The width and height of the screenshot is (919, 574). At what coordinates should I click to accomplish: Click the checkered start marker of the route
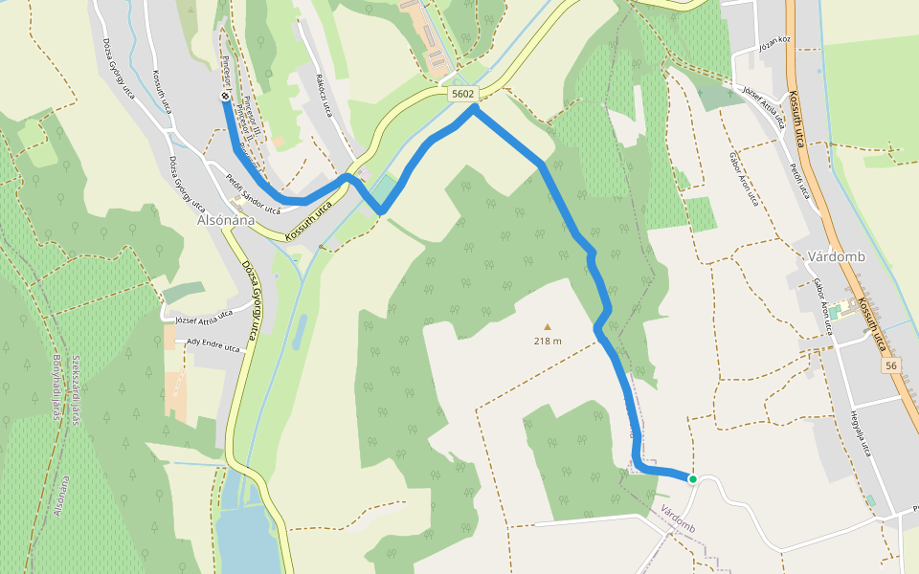(x=225, y=96)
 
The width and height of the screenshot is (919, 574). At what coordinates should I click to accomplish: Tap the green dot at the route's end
(x=692, y=478)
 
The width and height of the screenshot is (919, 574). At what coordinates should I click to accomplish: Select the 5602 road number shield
(x=462, y=93)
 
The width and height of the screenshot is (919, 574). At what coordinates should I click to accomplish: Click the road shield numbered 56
(x=892, y=366)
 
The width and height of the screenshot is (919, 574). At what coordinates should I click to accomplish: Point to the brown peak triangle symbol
(x=548, y=326)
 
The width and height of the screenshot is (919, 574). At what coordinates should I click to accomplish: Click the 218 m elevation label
(x=548, y=341)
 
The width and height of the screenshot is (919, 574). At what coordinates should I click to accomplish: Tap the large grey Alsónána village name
(x=226, y=219)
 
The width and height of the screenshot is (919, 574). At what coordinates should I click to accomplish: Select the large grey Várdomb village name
(x=836, y=257)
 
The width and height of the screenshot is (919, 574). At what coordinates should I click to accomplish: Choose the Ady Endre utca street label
(x=213, y=346)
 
